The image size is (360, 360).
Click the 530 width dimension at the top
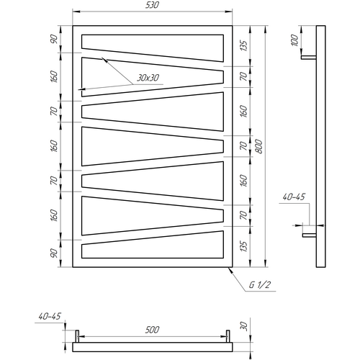[152, 5]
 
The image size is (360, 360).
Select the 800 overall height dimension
[258, 146]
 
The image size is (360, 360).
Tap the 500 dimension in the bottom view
[152, 330]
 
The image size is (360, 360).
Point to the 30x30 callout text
[148, 78]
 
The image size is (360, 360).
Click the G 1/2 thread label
[260, 285]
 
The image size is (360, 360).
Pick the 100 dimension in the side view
[294, 40]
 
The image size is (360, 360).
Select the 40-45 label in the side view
[294, 197]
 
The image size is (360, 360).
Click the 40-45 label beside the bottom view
[50, 316]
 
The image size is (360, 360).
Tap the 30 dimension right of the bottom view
[243, 326]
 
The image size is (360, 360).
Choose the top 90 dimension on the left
[54, 39]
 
